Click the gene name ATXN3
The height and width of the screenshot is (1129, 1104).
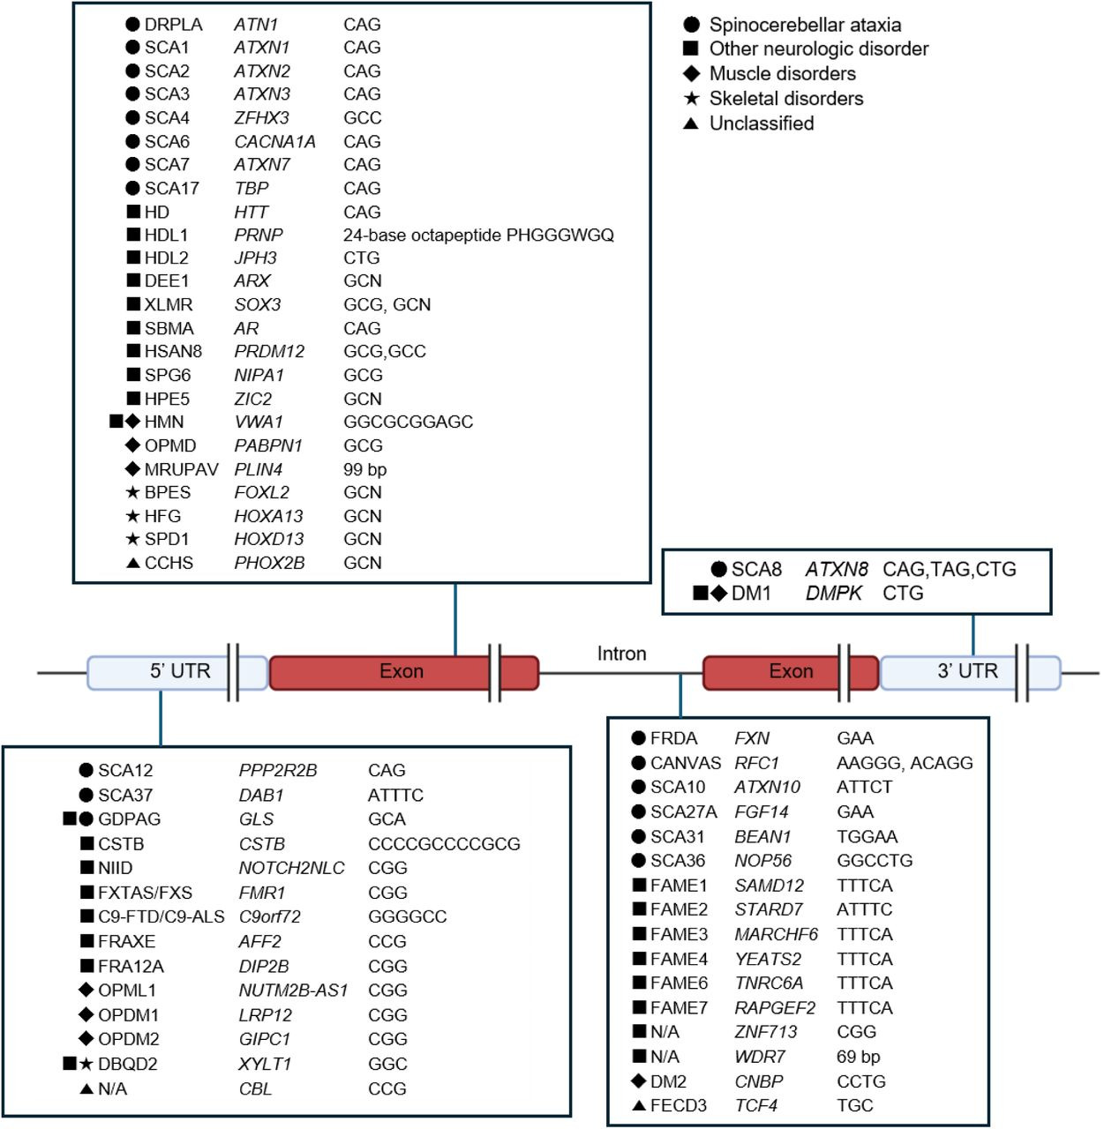pyautogui.click(x=262, y=94)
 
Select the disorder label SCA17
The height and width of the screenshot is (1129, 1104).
pyautogui.click(x=172, y=188)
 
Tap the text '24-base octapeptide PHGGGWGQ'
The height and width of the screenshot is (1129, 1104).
pyautogui.click(x=478, y=235)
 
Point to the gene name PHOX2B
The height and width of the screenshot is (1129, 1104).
pyautogui.click(x=269, y=563)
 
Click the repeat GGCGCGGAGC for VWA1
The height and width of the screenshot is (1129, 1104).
pyautogui.click(x=408, y=422)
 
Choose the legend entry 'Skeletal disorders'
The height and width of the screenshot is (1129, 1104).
pyautogui.click(x=786, y=98)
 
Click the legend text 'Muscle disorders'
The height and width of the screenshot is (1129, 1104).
pyautogui.click(x=782, y=73)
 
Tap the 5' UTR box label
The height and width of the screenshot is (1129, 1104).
pyautogui.click(x=180, y=671)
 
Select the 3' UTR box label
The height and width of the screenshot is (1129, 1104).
pyautogui.click(x=967, y=671)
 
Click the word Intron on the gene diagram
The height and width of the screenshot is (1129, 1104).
pyautogui.click(x=621, y=654)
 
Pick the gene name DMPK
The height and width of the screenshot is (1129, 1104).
pyautogui.click(x=833, y=593)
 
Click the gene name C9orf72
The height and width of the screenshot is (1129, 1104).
pyautogui.click(x=270, y=916)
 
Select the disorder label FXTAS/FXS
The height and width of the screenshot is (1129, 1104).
pyautogui.click(x=145, y=893)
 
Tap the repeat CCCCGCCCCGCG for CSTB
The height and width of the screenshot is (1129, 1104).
pyautogui.click(x=444, y=844)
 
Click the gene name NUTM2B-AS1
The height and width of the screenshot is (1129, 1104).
pyautogui.click(x=293, y=991)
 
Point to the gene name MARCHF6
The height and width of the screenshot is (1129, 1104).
pyautogui.click(x=776, y=934)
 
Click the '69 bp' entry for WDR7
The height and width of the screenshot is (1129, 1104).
pyautogui.click(x=858, y=1056)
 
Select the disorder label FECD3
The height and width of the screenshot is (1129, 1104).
pyautogui.click(x=678, y=1105)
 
